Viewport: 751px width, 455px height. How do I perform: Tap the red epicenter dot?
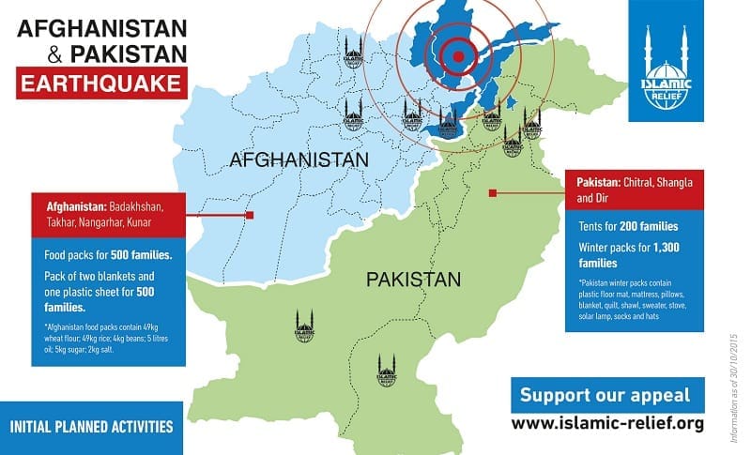tap(458, 55)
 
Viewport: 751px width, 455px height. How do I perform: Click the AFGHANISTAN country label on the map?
tap(298, 161)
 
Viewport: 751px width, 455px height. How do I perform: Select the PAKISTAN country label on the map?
tap(413, 280)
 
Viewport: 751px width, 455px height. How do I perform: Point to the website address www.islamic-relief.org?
tap(607, 424)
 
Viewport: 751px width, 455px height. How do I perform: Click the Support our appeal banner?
tap(605, 395)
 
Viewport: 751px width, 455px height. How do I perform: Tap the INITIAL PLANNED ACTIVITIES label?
tap(90, 426)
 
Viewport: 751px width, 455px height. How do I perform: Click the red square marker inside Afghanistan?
tap(250, 215)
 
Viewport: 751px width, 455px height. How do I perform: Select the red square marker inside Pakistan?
tap(492, 194)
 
